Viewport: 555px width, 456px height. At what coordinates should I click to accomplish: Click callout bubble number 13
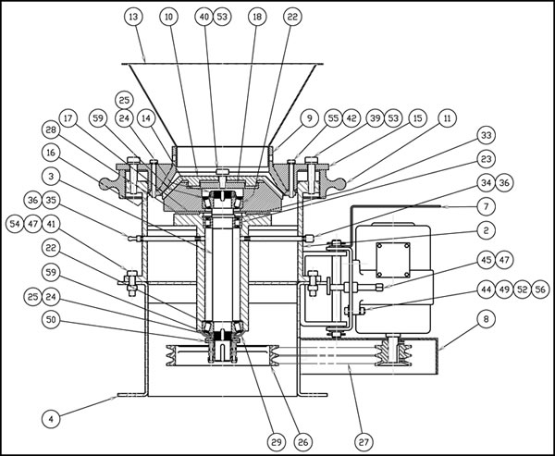pos(134,17)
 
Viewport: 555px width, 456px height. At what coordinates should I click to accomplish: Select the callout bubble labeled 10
pos(167,17)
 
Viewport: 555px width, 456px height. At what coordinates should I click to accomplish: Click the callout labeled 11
pos(447,118)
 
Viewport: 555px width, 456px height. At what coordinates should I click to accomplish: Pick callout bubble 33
pos(487,135)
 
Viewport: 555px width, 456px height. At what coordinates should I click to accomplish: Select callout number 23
pos(487,158)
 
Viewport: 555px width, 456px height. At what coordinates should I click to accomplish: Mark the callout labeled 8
pos(487,320)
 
